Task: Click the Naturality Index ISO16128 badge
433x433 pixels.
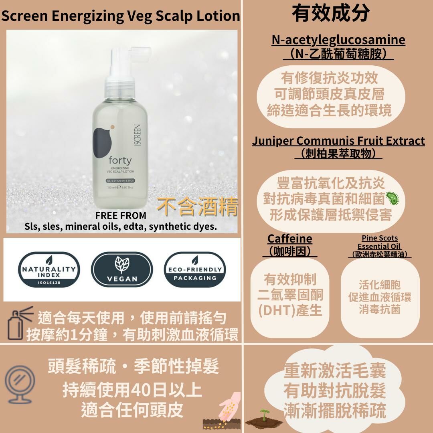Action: coord(49,270)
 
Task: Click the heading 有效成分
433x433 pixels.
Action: coord(330,14)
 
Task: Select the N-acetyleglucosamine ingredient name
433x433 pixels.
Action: coord(338,40)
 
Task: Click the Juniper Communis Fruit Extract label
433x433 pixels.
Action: coord(338,141)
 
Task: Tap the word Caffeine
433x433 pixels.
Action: coord(289,239)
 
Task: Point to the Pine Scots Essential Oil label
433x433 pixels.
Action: coord(379,242)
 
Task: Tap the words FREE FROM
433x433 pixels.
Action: coord(120,216)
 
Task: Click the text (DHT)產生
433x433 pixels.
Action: coord(290,310)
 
